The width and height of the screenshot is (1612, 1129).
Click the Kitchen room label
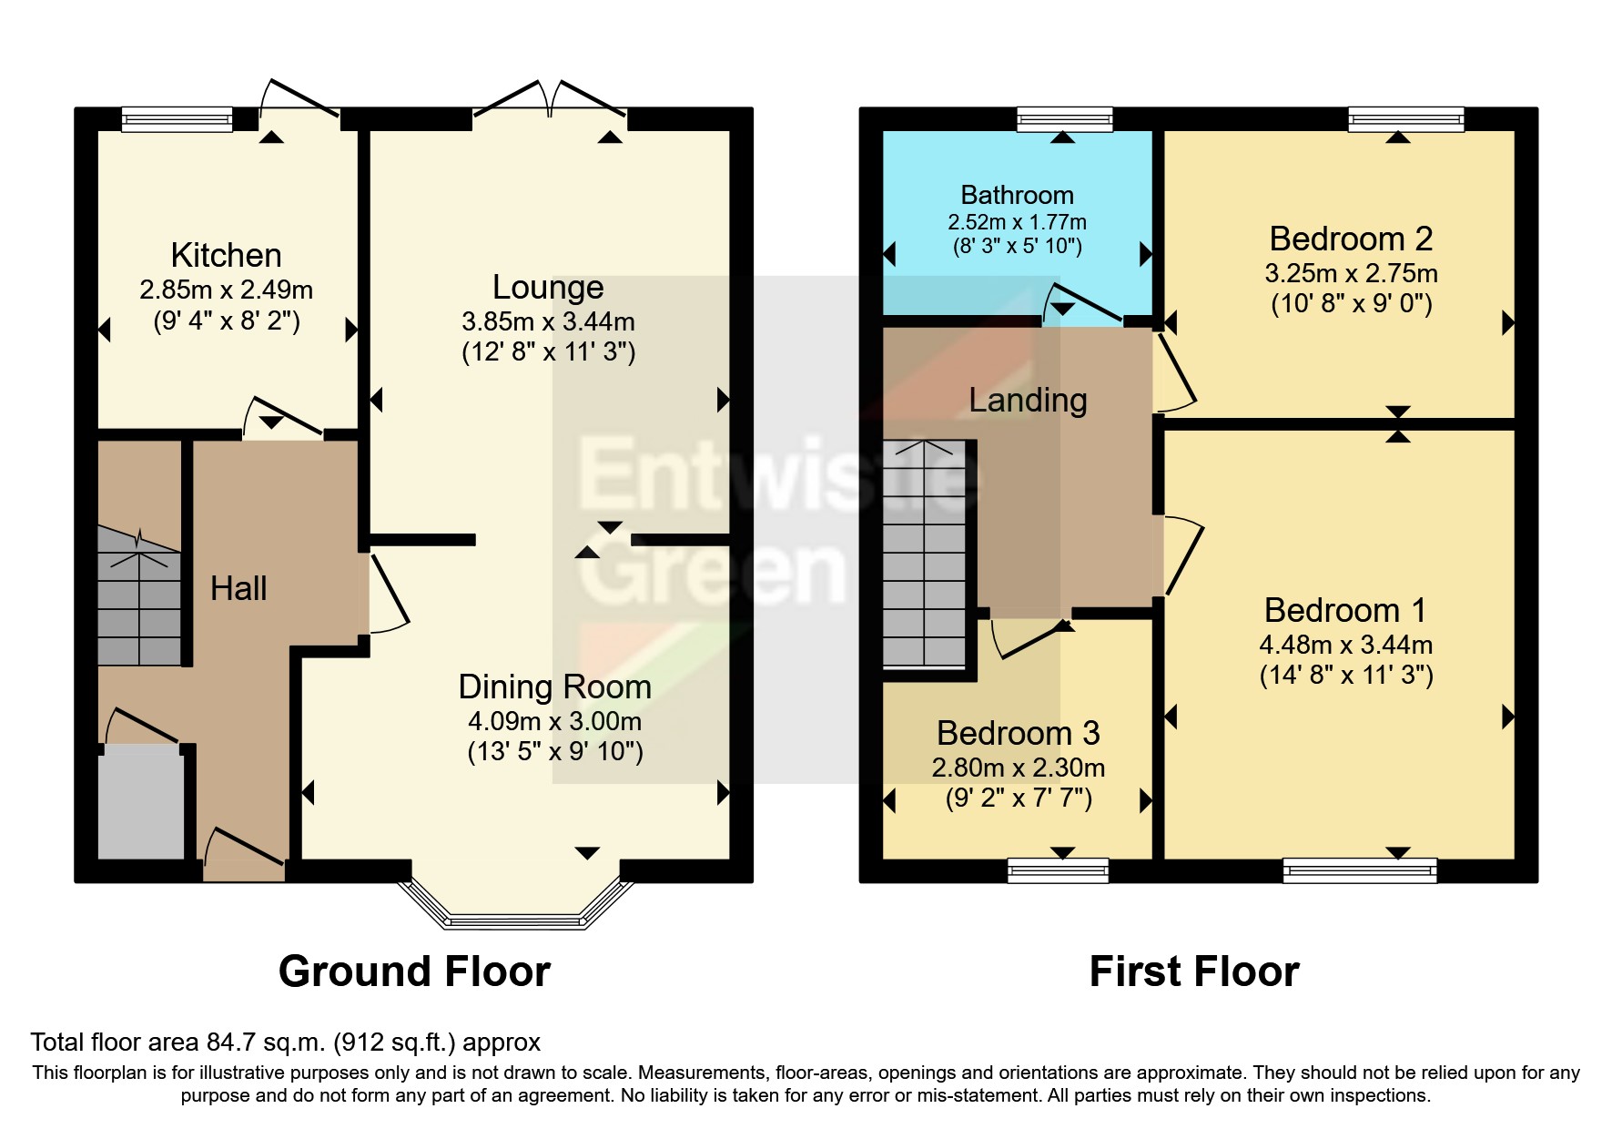(x=226, y=255)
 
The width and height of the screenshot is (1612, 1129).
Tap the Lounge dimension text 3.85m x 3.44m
(x=548, y=321)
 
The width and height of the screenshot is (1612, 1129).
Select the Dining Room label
(x=554, y=687)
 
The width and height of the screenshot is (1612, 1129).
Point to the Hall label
(x=238, y=588)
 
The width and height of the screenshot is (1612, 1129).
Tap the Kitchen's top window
(x=177, y=119)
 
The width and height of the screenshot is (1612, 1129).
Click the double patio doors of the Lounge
(x=549, y=100)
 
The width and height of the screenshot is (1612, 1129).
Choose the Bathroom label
(x=1017, y=195)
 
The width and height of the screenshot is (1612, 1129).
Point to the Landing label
(x=1028, y=400)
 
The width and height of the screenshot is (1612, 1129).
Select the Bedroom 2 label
(x=1351, y=239)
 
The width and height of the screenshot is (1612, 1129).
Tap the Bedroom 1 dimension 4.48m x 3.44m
(x=1345, y=645)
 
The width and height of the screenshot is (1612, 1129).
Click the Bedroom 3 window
(x=1058, y=871)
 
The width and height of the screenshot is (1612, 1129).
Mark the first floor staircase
(x=924, y=555)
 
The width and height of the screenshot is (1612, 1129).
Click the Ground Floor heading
(x=414, y=971)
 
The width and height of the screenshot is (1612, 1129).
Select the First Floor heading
(x=1193, y=971)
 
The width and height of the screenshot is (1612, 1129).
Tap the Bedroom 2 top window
(x=1405, y=119)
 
